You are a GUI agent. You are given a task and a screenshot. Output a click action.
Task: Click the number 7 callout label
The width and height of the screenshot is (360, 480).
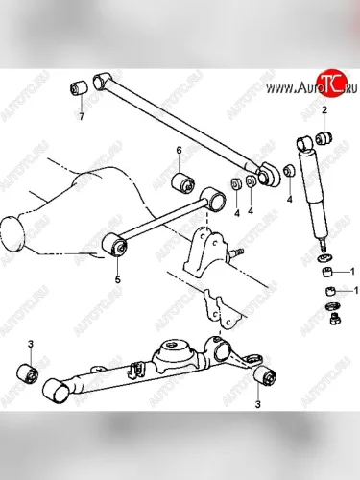pyautogui.click(x=82, y=116)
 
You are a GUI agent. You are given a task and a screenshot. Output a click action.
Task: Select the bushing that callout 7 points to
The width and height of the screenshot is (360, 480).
pyautogui.click(x=79, y=87)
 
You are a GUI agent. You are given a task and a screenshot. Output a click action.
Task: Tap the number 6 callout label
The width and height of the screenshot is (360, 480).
pyautogui.click(x=179, y=150)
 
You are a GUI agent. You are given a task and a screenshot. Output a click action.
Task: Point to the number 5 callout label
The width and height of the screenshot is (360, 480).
pyautogui.click(x=118, y=279)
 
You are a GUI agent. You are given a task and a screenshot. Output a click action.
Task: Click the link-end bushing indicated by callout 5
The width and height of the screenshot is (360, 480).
pyautogui.click(x=114, y=245)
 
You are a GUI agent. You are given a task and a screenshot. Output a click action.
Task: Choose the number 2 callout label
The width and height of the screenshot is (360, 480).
pyautogui.click(x=324, y=110)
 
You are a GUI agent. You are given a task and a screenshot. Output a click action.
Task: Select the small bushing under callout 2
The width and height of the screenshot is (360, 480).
pyautogui.click(x=324, y=137)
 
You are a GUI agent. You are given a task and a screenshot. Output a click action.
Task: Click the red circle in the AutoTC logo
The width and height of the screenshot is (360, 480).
pyautogui.click(x=330, y=83)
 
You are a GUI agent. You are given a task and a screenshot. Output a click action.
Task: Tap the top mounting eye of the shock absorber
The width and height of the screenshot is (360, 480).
pyautogui.click(x=304, y=144)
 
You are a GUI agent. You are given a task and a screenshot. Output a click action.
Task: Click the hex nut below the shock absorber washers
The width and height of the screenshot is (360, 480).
pyautogui.click(x=334, y=319)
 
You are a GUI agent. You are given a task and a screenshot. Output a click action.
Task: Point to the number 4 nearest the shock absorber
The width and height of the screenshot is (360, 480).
pyautogui.click(x=290, y=200)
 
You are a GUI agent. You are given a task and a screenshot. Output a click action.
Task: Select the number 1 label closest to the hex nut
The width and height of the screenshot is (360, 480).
pyautogui.click(x=355, y=290)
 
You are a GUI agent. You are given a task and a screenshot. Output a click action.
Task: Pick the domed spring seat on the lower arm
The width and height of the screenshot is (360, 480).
pyautogui.click(x=176, y=352)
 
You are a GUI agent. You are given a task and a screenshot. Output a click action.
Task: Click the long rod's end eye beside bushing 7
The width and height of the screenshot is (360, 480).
pyautogui.click(x=102, y=81)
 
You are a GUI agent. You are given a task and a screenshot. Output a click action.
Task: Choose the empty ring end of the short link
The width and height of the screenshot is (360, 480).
pyautogui.click(x=213, y=199)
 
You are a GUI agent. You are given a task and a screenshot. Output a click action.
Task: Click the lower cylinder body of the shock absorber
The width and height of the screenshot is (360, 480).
pyautogui.click(x=319, y=219)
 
